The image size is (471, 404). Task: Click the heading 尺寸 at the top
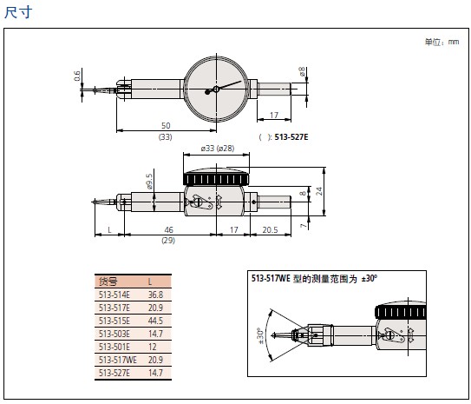pos(18,12)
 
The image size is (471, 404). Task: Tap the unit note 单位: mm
pos(442,42)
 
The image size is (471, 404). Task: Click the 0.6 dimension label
pos(77,76)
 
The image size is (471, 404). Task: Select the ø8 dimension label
pos(302,71)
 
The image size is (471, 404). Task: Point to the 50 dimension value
pos(166,125)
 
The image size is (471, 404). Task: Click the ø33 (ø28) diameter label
pos(218,149)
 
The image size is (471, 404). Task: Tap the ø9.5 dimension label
pos(149,182)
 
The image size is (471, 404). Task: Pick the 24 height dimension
pos(319,191)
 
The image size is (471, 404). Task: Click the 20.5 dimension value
pos(270,230)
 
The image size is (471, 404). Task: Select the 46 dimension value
pos(169,230)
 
